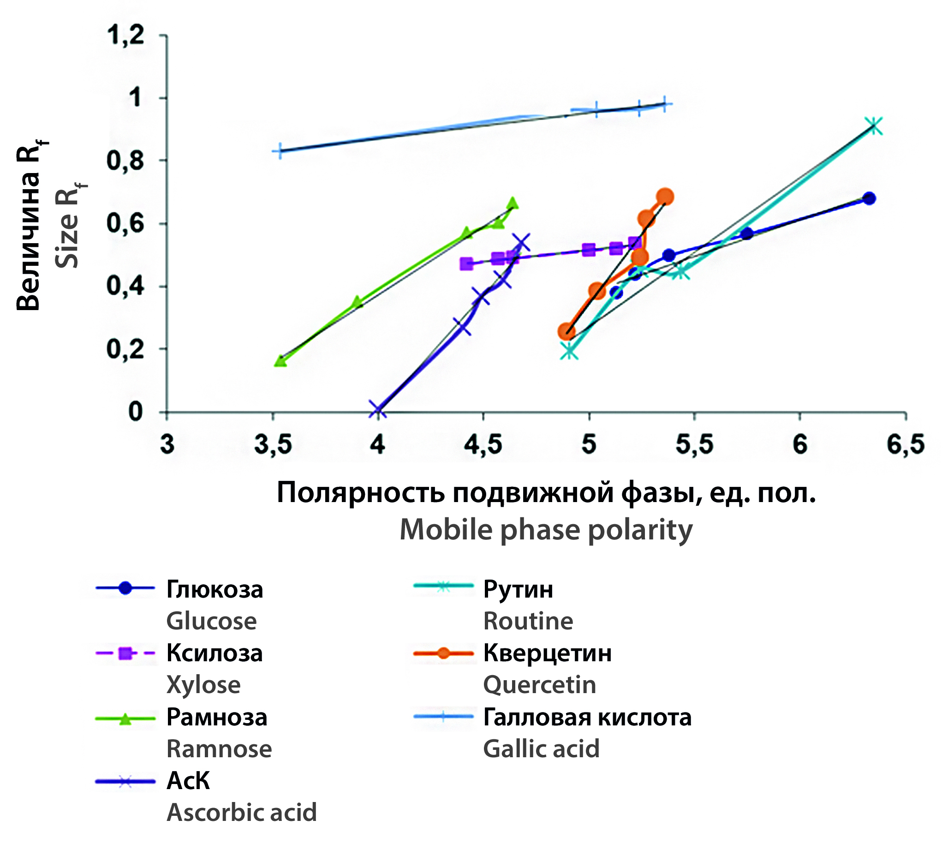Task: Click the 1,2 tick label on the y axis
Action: [x=126, y=36]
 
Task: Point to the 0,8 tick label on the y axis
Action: [x=126, y=161]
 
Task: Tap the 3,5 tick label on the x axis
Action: [x=273, y=444]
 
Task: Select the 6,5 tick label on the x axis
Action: [x=906, y=444]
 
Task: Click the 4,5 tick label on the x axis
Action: [x=483, y=444]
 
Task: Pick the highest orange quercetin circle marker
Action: [x=665, y=197]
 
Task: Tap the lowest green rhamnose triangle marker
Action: [x=280, y=360]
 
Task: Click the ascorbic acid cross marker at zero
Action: [x=377, y=410]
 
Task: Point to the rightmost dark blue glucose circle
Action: [x=870, y=198]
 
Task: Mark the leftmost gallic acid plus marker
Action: [x=280, y=151]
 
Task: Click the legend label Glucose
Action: [x=211, y=621]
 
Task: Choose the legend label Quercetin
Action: [x=539, y=685]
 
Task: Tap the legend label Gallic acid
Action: [x=541, y=749]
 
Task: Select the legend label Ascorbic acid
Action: [x=242, y=813]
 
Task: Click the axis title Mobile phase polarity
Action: [x=546, y=529]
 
